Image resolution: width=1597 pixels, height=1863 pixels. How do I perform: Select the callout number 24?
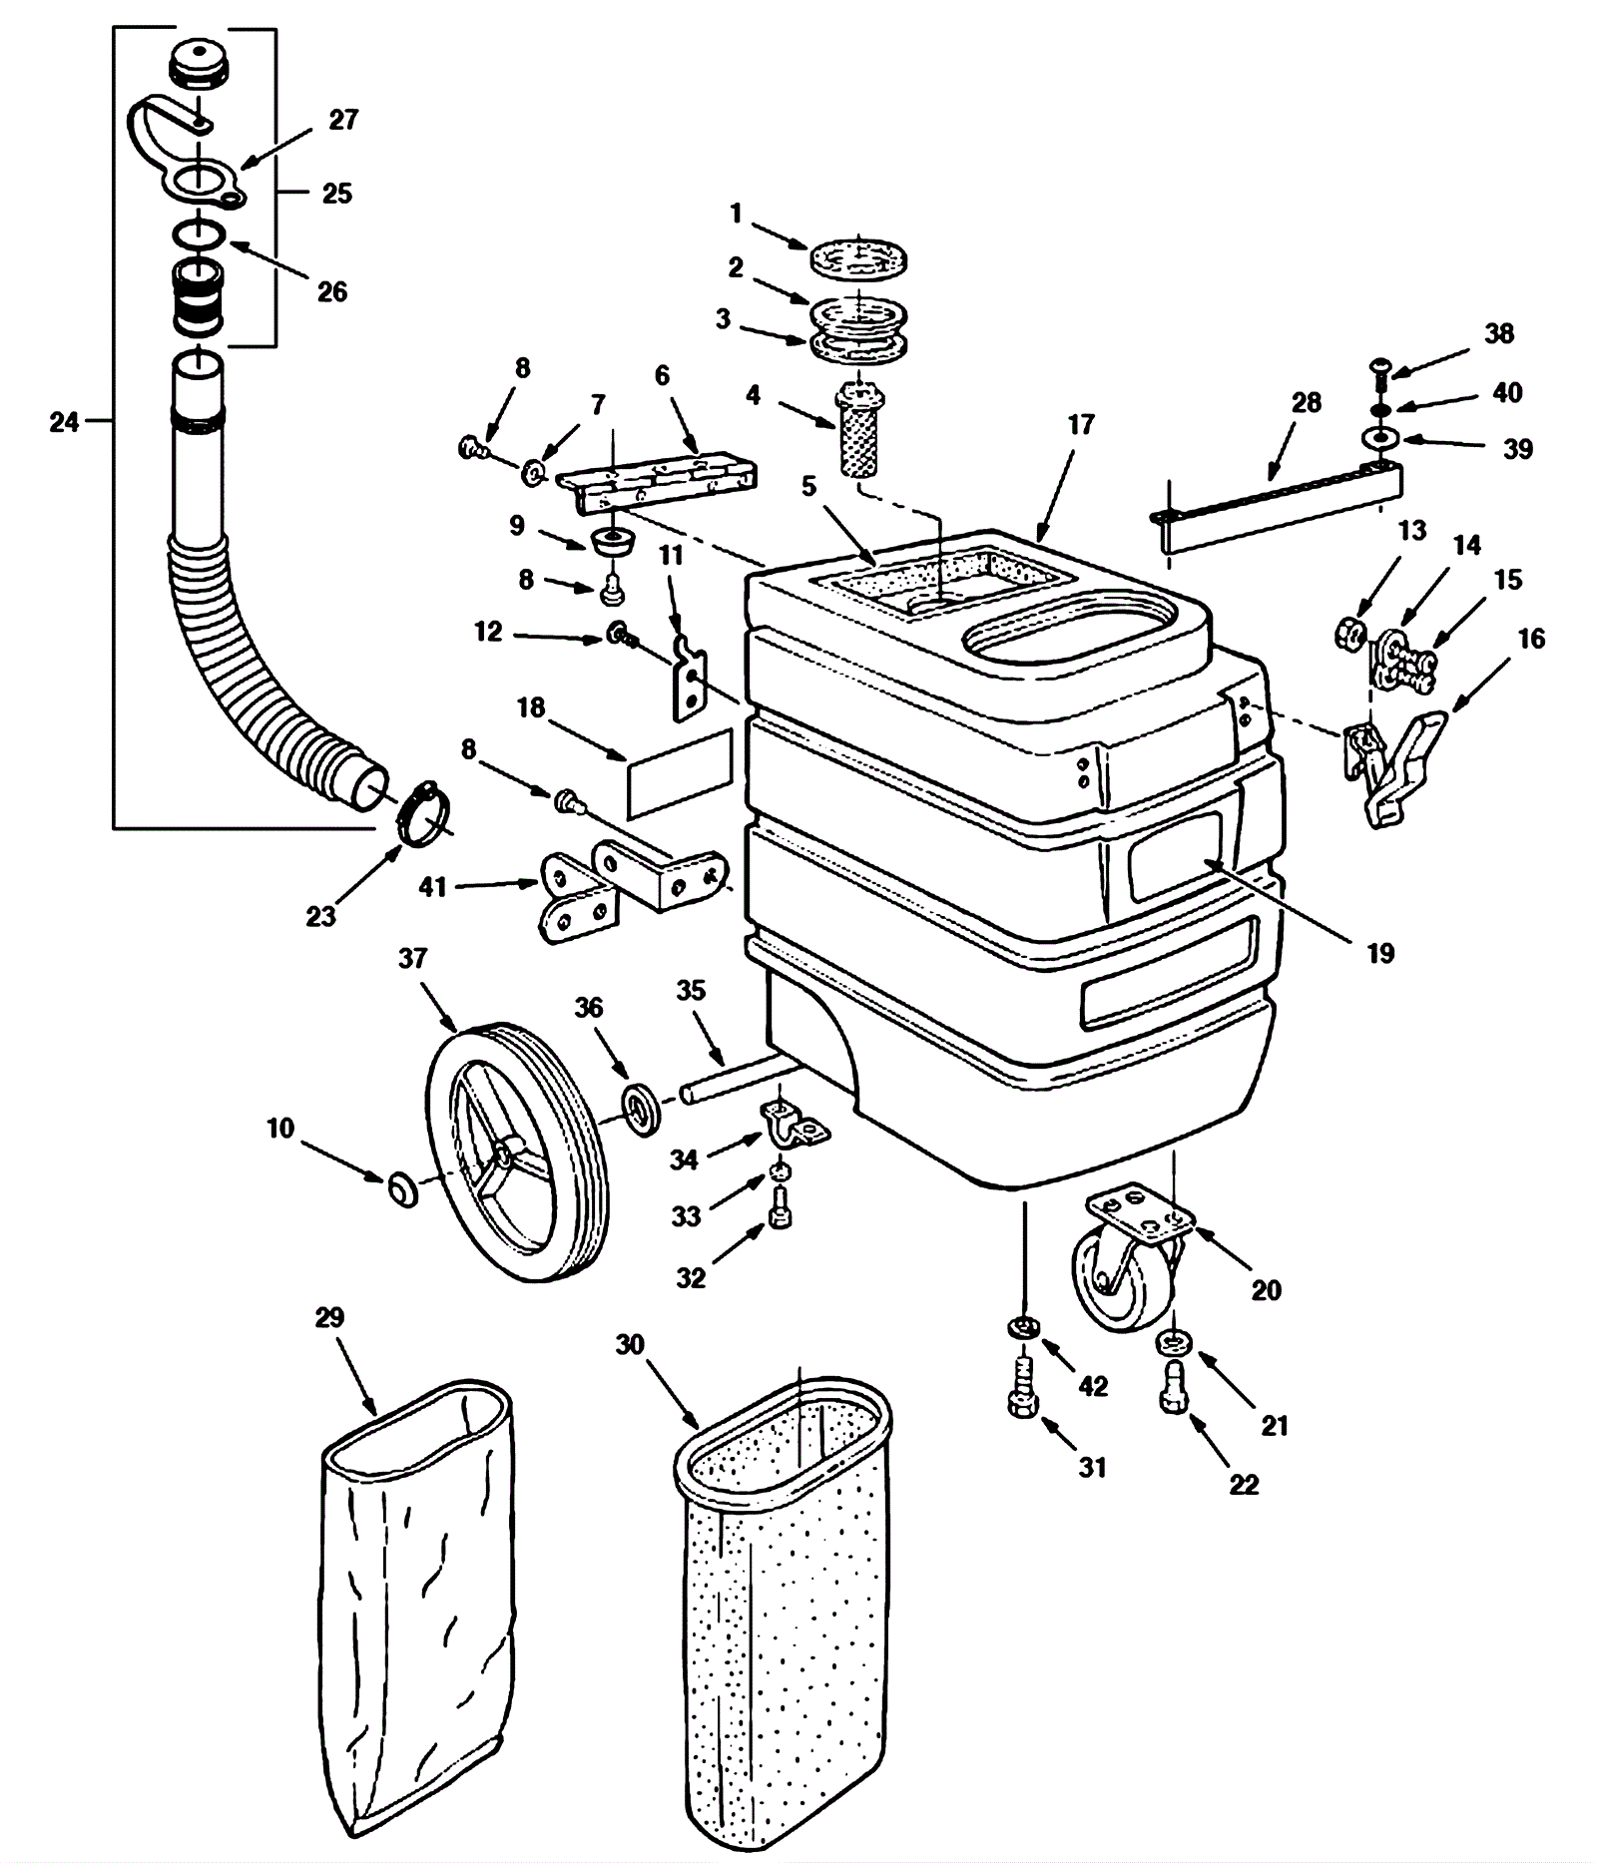point(65,423)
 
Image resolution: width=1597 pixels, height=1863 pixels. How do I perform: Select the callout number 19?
point(1379,953)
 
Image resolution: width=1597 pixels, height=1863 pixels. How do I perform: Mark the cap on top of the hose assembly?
point(201,65)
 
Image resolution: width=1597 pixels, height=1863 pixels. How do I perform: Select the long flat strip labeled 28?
point(1278,506)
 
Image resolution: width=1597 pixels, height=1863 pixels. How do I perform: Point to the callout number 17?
point(1081,425)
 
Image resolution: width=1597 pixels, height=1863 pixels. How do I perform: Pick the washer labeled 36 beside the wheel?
point(643,1109)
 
